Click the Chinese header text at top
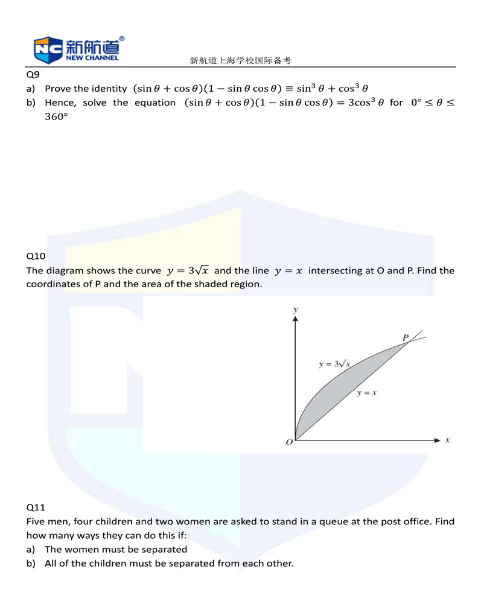(x=240, y=60)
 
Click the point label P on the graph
(x=406, y=337)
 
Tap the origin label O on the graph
(x=289, y=443)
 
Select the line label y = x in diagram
(x=366, y=393)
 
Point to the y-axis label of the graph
(x=295, y=310)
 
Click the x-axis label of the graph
(x=447, y=440)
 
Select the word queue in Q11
(x=329, y=521)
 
